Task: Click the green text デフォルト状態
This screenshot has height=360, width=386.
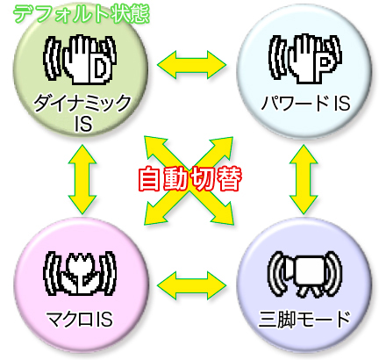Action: click(x=82, y=14)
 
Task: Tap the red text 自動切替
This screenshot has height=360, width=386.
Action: click(x=190, y=179)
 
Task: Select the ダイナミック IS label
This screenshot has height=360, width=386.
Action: click(x=82, y=113)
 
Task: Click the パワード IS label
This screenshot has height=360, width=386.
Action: click(x=305, y=103)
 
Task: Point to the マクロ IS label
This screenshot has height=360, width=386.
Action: click(x=80, y=319)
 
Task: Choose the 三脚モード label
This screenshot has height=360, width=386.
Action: click(x=304, y=319)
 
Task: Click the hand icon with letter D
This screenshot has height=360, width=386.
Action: click(x=80, y=60)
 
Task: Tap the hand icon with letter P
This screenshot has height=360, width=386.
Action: click(x=305, y=59)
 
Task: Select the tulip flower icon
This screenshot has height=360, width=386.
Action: click(x=80, y=273)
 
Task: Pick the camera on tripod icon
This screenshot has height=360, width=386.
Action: click(x=305, y=274)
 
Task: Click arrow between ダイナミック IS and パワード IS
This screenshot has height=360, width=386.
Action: click(x=192, y=64)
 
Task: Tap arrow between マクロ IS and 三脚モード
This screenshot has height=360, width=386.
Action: click(x=192, y=285)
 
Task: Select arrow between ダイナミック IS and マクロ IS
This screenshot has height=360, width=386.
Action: click(x=82, y=179)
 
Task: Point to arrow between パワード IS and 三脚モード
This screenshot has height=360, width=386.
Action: click(x=304, y=179)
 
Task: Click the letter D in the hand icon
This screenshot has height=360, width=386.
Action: click(x=100, y=68)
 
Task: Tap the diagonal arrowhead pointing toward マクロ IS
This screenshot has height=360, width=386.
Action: click(x=155, y=213)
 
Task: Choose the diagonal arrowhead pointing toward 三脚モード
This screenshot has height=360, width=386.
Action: click(x=222, y=213)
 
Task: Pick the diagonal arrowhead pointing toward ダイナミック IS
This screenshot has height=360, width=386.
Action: click(x=155, y=148)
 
